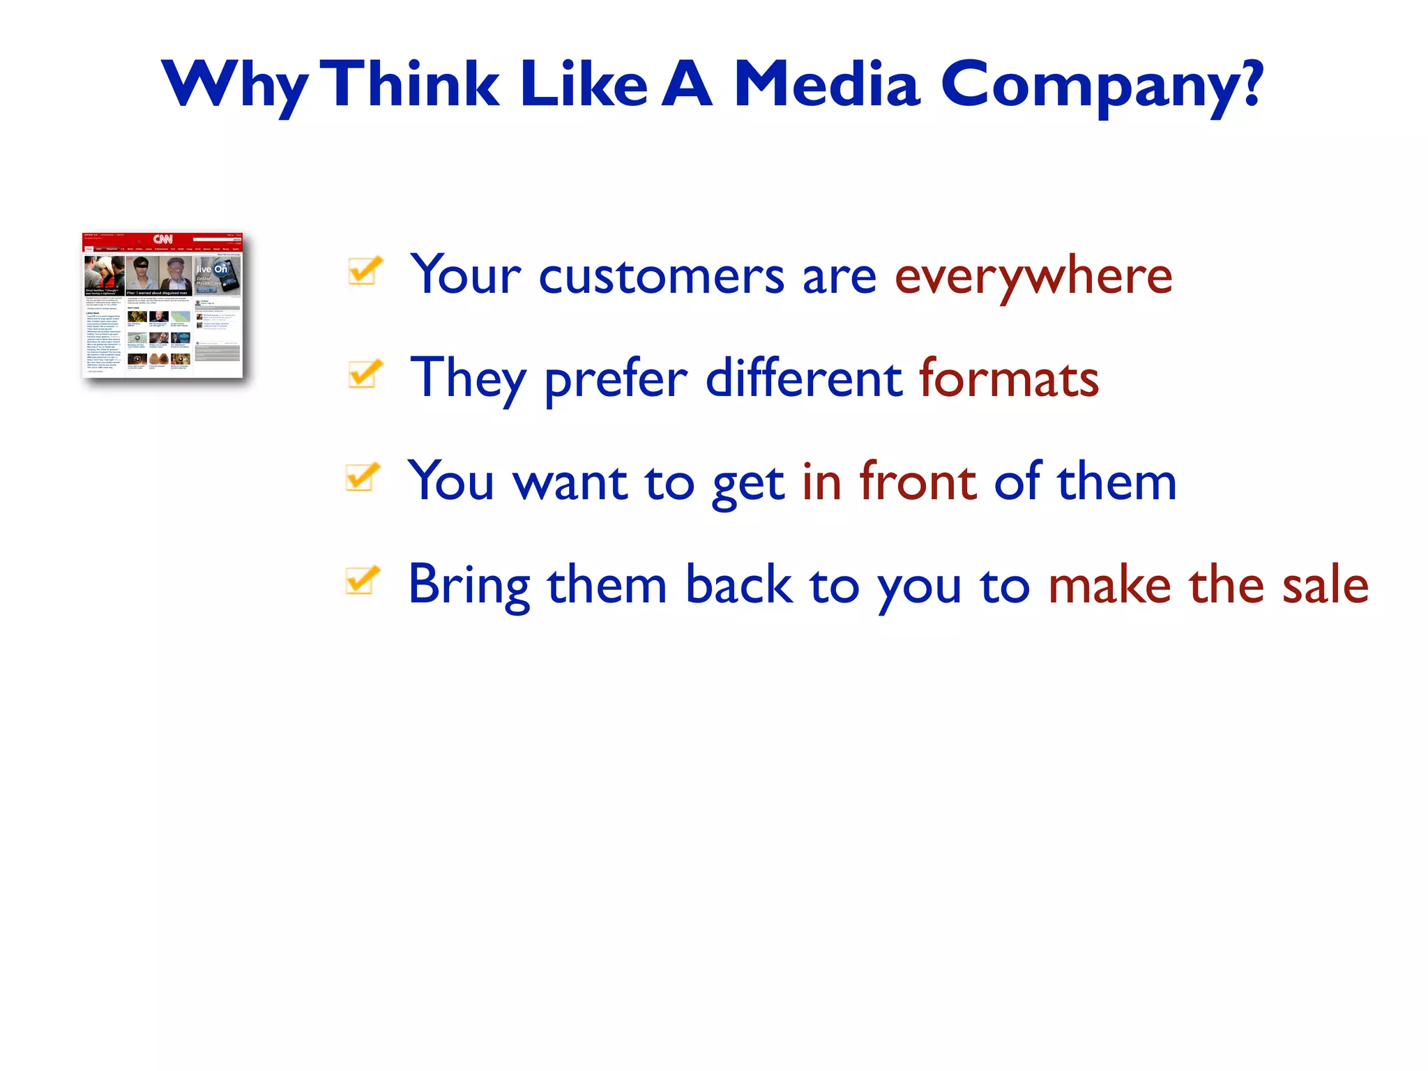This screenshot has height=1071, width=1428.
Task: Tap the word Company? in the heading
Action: [1102, 85]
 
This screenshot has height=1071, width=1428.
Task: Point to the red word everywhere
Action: [1033, 276]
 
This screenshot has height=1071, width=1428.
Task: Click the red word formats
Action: [1008, 379]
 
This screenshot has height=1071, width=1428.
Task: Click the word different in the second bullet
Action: [804, 379]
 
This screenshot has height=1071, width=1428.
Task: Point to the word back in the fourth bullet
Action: [738, 584]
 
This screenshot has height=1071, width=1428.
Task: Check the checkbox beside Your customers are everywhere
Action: [365, 271]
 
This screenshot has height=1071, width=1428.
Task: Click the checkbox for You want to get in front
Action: [363, 477]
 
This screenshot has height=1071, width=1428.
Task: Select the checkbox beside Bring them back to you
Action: [363, 580]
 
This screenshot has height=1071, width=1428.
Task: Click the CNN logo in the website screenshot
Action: [162, 239]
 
